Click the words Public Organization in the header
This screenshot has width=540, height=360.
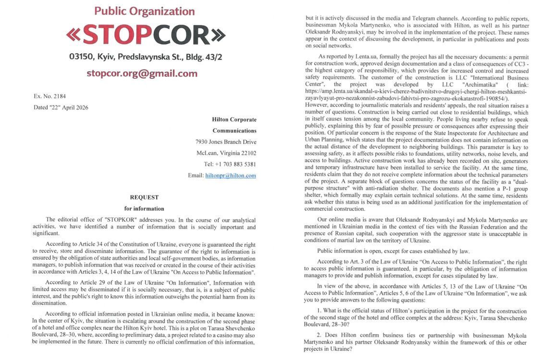(145, 11)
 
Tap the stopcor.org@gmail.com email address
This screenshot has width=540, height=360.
(142, 73)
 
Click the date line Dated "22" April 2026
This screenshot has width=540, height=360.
(61, 108)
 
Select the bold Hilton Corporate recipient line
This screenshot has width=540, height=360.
(234, 120)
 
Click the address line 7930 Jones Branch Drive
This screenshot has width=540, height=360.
(226, 142)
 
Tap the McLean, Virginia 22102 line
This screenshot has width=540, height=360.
(226, 153)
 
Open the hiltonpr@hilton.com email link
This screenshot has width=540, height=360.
(231, 176)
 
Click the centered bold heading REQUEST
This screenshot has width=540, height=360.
(144, 197)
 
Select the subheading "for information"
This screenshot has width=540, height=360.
(144, 209)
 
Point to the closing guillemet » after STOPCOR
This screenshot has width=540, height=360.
(218, 35)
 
